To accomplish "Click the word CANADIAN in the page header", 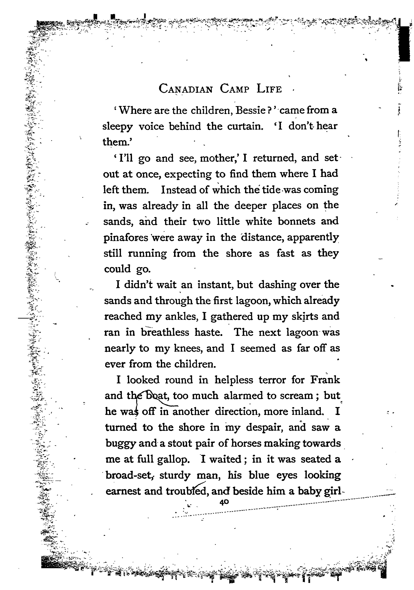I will pos(186,89).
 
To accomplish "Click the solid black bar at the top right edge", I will pos(405,44).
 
